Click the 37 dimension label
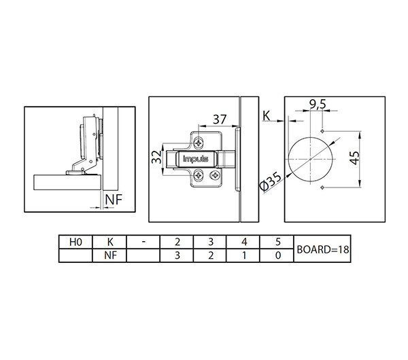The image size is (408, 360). click(x=220, y=120)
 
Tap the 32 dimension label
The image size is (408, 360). click(x=157, y=157)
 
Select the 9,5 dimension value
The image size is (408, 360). click(x=318, y=104)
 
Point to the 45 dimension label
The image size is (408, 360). click(x=354, y=158)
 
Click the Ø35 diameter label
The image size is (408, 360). click(x=271, y=182)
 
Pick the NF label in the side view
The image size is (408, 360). click(x=114, y=200)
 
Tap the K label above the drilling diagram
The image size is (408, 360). click(x=266, y=116)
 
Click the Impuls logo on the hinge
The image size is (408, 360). click(x=196, y=158)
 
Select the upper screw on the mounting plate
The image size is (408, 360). click(x=199, y=143)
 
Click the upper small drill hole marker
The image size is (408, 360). click(x=322, y=130)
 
